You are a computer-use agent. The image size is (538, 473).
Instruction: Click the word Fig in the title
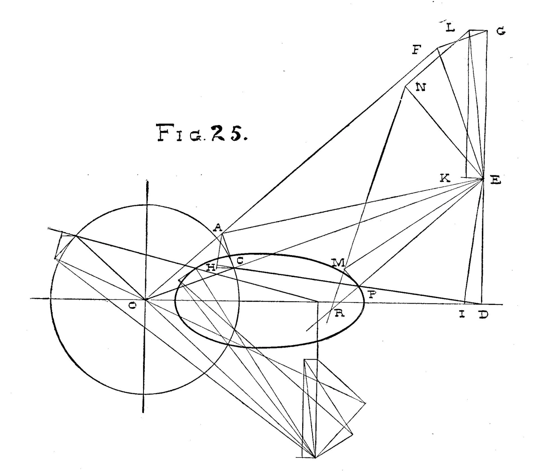pyautogui.click(x=181, y=132)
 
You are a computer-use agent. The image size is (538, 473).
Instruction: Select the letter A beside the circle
pyautogui.click(x=217, y=227)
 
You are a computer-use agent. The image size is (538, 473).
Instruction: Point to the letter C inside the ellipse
pyautogui.click(x=240, y=260)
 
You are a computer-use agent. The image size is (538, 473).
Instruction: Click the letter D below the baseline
pyautogui.click(x=483, y=315)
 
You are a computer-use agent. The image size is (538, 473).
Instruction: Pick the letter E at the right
pyautogui.click(x=495, y=181)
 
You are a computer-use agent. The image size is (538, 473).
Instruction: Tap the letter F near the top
pyautogui.click(x=417, y=50)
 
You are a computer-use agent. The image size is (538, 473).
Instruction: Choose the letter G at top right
pyautogui.click(x=501, y=31)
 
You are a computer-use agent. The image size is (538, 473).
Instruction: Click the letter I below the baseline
pyautogui.click(x=462, y=315)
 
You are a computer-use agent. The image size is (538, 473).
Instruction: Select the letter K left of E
pyautogui.click(x=445, y=178)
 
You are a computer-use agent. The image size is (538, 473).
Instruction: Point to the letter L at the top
pyautogui.click(x=450, y=27)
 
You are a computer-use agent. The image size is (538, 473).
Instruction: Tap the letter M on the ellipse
pyautogui.click(x=338, y=263)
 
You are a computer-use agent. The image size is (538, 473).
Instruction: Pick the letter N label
pyautogui.click(x=421, y=87)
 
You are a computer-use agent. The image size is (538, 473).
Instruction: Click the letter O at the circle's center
pyautogui.click(x=132, y=306)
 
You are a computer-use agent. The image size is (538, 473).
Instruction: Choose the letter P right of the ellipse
pyautogui.click(x=373, y=294)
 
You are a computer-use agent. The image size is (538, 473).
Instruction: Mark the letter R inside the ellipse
pyautogui.click(x=339, y=313)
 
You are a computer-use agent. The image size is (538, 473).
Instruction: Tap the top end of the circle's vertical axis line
pyautogui.click(x=148, y=181)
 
